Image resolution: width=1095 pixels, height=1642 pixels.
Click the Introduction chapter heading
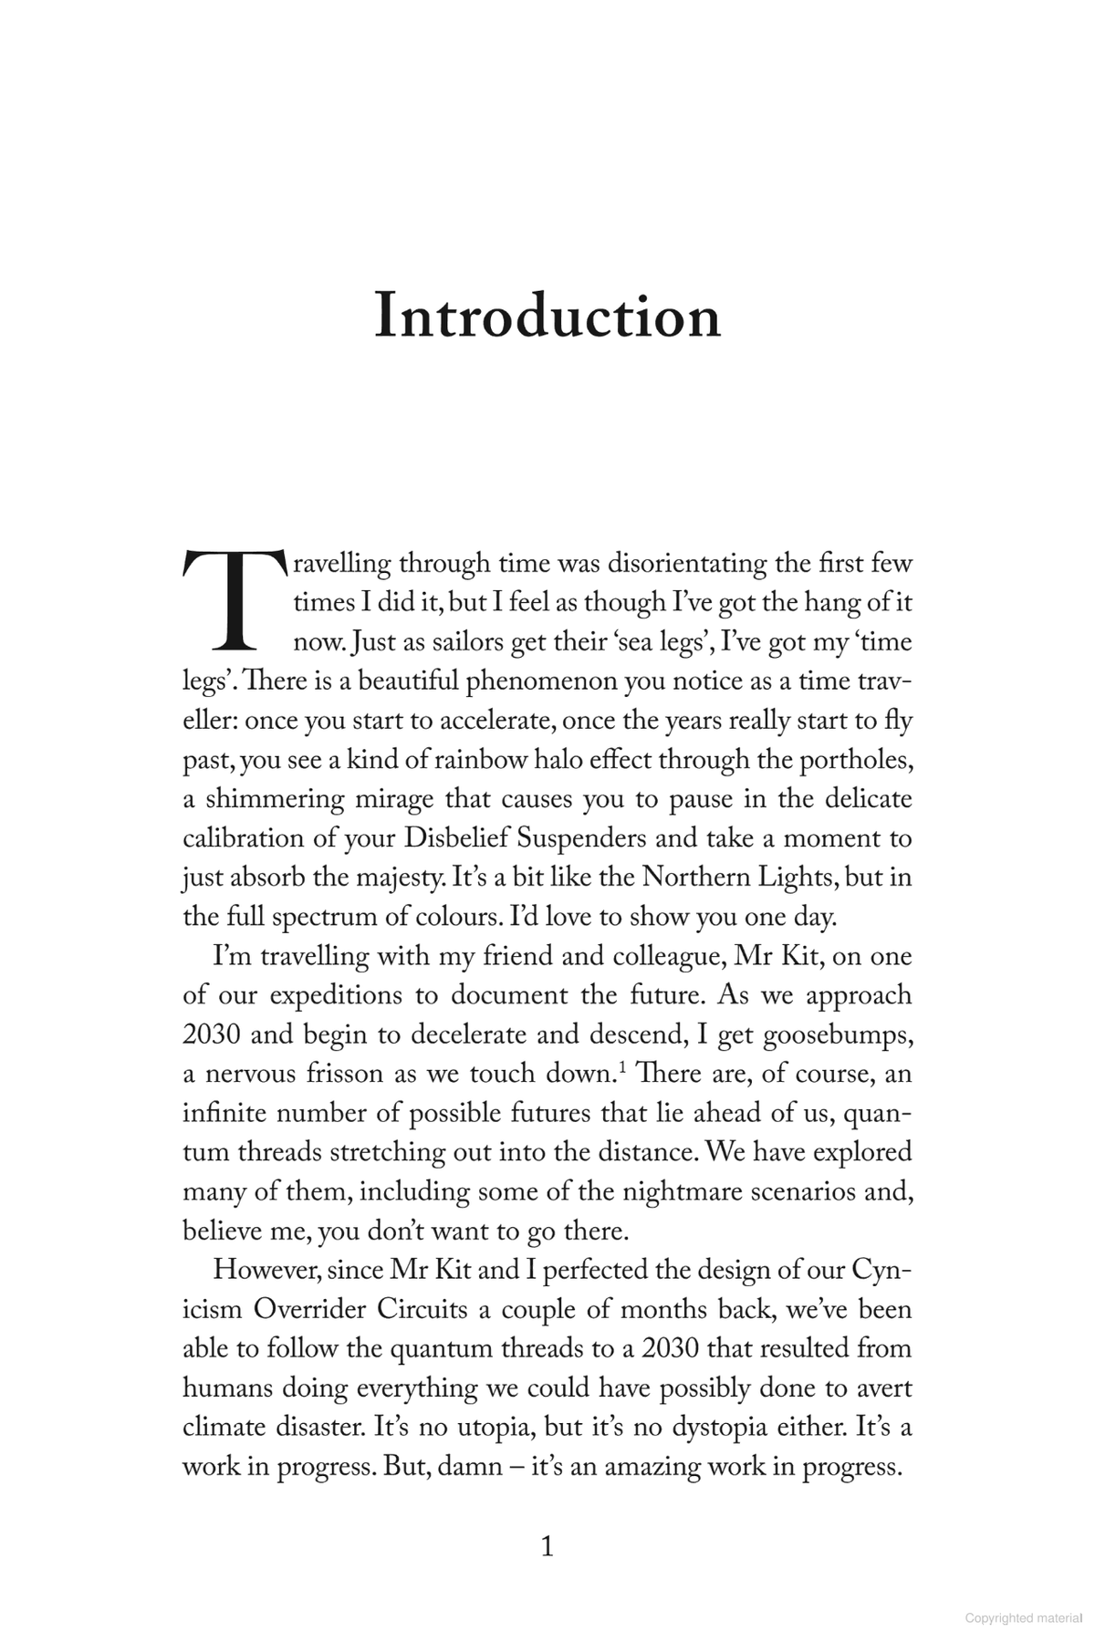point(547,317)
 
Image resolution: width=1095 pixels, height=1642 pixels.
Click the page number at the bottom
point(547,1546)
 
